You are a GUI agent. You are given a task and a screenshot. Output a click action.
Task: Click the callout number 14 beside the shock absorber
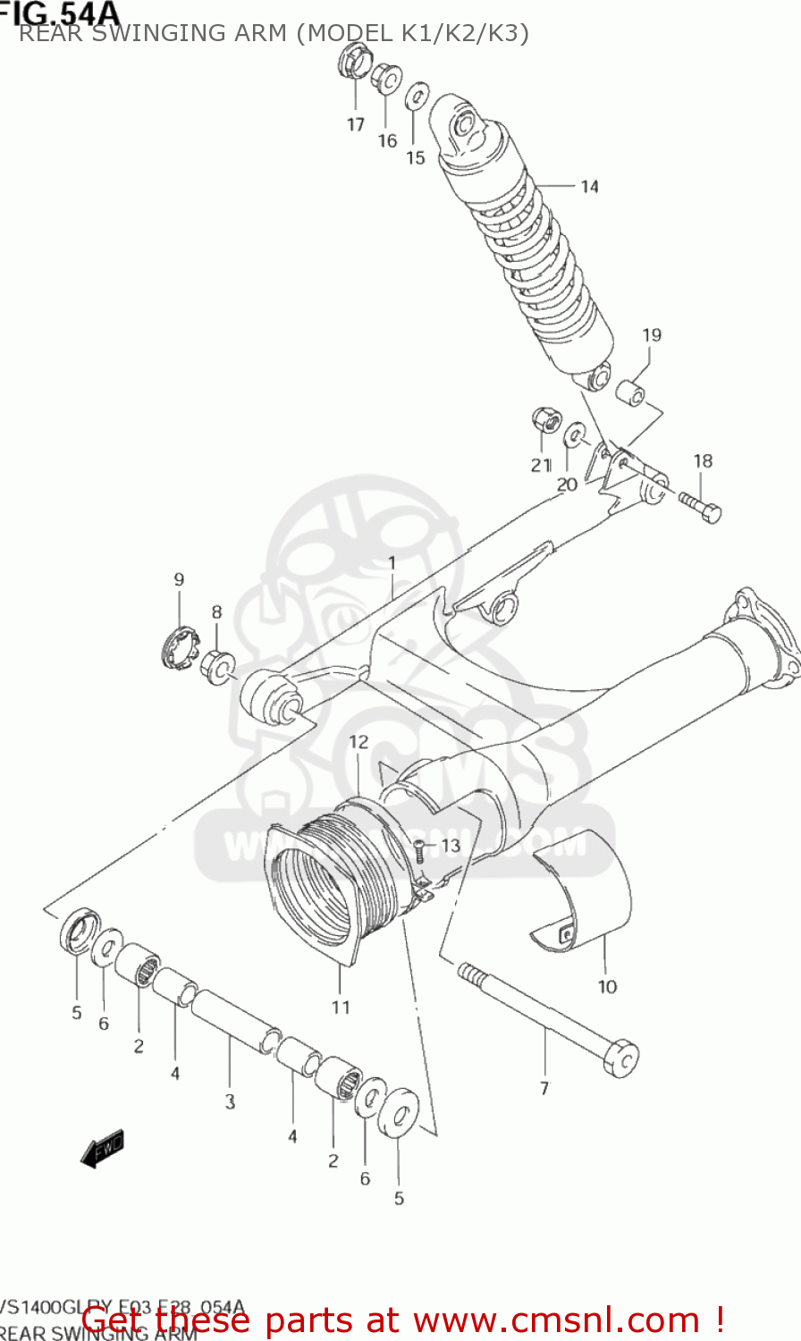pyautogui.click(x=589, y=186)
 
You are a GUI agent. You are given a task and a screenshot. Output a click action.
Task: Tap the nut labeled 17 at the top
pyautogui.click(x=351, y=63)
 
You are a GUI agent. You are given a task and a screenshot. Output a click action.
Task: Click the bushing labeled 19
pyautogui.click(x=631, y=392)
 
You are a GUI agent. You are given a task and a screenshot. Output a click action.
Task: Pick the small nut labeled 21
pyautogui.click(x=542, y=418)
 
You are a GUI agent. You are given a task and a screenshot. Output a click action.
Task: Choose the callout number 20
pyautogui.click(x=567, y=485)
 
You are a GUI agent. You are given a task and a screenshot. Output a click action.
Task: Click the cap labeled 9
pyautogui.click(x=177, y=645)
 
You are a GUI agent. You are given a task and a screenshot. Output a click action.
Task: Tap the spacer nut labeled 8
pyautogui.click(x=217, y=666)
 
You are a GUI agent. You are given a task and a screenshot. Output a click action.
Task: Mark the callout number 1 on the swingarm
pyautogui.click(x=391, y=562)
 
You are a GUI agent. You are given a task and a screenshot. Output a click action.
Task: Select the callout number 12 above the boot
pyautogui.click(x=358, y=742)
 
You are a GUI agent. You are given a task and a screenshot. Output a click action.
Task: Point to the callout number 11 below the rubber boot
pyautogui.click(x=341, y=1008)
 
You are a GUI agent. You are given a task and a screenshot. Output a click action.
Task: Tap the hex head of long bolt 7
pyautogui.click(x=620, y=1056)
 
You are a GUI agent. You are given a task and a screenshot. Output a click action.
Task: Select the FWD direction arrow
pyautogui.click(x=102, y=1149)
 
